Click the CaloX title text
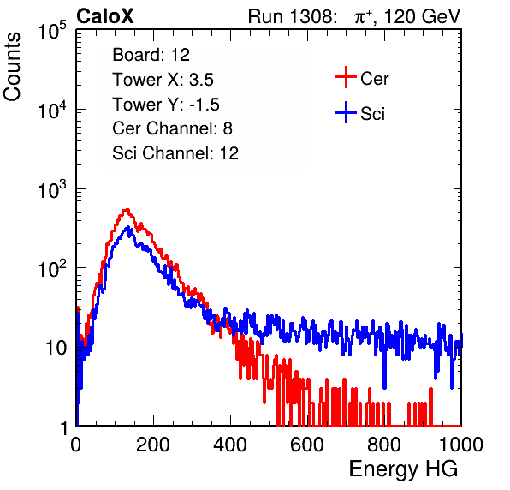click(105, 15)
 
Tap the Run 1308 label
click(291, 16)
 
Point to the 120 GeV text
click(422, 16)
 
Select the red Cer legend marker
click(346, 77)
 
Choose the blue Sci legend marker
click(346, 112)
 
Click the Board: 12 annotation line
click(151, 55)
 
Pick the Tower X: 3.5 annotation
click(163, 80)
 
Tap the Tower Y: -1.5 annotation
click(166, 105)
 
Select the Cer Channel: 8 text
click(172, 128)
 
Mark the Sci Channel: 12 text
click(175, 153)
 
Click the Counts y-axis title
click(12, 67)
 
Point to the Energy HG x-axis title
click(403, 469)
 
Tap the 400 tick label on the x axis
click(230, 445)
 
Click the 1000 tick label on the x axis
click(461, 445)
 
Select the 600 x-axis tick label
click(307, 445)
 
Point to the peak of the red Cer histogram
click(127, 210)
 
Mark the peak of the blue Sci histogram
click(128, 227)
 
